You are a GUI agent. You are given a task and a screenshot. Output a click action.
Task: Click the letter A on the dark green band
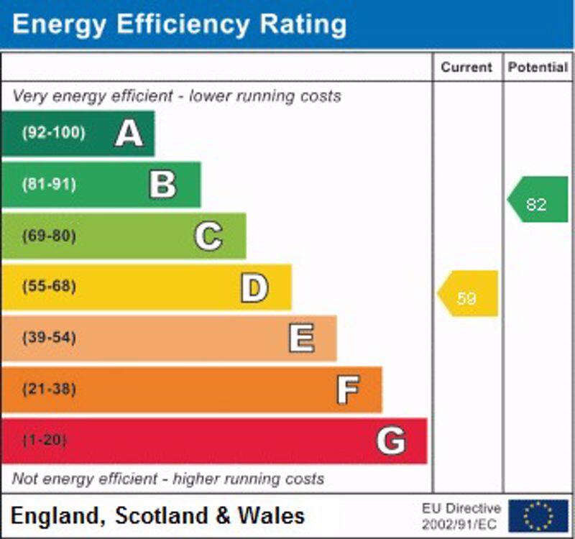[x=129, y=133]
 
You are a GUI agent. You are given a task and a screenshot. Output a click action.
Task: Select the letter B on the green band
[x=162, y=185]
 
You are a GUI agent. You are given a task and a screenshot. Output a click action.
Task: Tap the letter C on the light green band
[x=208, y=236]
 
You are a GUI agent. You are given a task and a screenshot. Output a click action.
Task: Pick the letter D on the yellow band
[x=254, y=287]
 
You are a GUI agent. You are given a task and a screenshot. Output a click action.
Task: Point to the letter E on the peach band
[x=301, y=338]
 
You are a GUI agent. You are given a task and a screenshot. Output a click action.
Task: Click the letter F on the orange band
[x=348, y=390]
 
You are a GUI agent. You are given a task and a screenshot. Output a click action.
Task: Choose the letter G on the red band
[x=391, y=441]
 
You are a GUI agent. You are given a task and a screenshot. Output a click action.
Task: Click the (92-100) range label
[x=53, y=133]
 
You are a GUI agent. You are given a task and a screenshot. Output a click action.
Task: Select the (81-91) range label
[x=49, y=185]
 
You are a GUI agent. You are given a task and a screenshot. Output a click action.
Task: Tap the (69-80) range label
[x=49, y=236]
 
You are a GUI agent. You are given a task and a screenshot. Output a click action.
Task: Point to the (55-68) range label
[x=49, y=287]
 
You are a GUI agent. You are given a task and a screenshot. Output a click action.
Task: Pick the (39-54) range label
[x=49, y=338]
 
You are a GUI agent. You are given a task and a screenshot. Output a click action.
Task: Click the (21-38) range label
[x=49, y=390]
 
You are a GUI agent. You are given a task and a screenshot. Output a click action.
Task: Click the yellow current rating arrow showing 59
[x=468, y=294]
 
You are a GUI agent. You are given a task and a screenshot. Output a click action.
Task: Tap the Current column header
[x=466, y=68]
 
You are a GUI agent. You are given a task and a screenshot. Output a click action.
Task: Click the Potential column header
[x=537, y=68]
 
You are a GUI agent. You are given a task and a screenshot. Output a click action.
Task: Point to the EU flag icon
[x=538, y=516]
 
